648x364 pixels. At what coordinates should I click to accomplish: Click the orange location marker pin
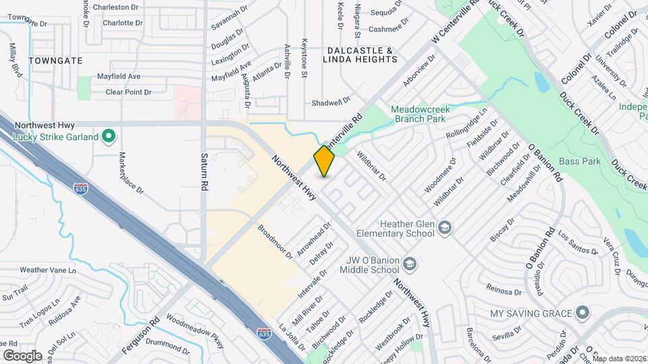click(x=324, y=161)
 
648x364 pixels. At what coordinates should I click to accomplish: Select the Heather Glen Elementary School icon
click(x=445, y=228)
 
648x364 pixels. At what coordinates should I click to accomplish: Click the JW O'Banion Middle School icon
click(x=410, y=262)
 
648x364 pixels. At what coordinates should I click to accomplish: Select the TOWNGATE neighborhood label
click(x=55, y=61)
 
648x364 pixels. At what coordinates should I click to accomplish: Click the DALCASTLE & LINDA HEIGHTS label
click(x=361, y=55)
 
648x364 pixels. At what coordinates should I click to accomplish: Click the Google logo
click(x=22, y=355)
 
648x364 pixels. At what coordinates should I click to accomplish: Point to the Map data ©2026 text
click(x=619, y=359)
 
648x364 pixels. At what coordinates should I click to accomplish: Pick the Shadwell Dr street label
click(x=331, y=102)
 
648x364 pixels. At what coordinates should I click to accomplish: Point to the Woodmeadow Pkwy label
click(x=194, y=332)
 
